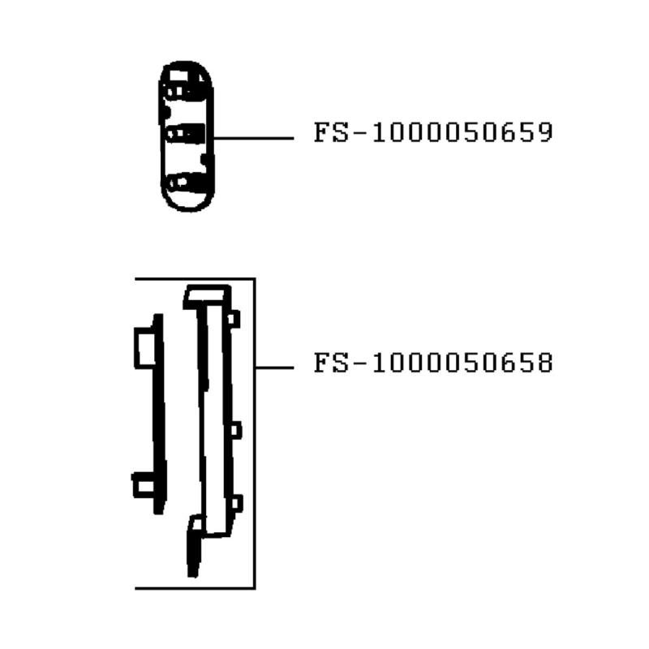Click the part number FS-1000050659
[433, 132]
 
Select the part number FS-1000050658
[433, 363]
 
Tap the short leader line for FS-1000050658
[274, 367]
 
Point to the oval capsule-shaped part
[187, 136]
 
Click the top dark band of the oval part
[187, 88]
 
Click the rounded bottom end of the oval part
[187, 203]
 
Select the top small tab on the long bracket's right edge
[234, 319]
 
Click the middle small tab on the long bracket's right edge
[235, 429]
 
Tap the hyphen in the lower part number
[358, 363]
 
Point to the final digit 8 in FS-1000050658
[545, 363]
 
